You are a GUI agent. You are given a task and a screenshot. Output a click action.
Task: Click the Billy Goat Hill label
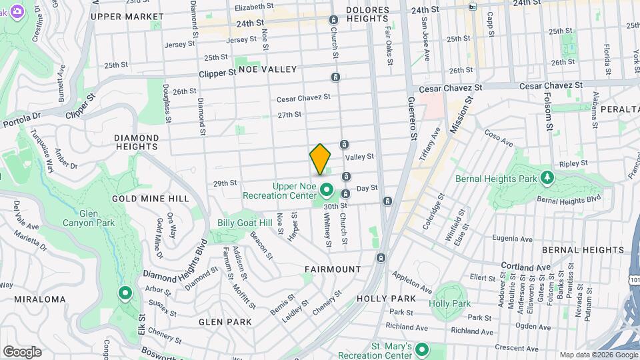245,223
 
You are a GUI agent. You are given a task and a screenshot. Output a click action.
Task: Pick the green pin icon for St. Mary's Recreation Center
421,349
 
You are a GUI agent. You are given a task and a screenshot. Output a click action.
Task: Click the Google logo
22,351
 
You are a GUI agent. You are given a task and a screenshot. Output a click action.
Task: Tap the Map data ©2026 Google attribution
598,355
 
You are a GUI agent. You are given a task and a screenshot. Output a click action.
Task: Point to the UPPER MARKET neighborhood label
127,16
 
